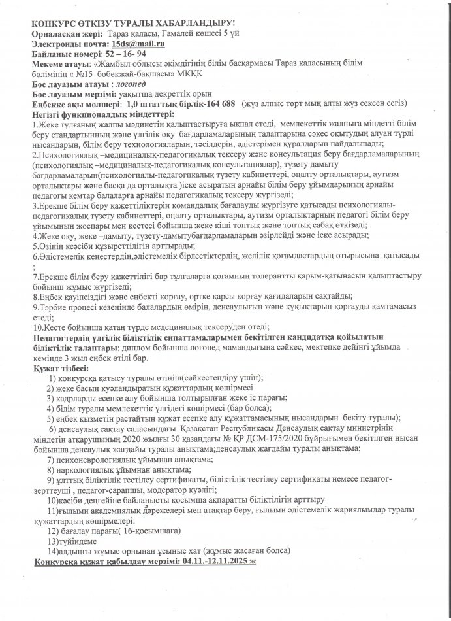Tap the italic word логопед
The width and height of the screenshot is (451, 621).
coord(131,84)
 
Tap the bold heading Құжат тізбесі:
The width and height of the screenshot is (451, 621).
coord(59,370)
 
